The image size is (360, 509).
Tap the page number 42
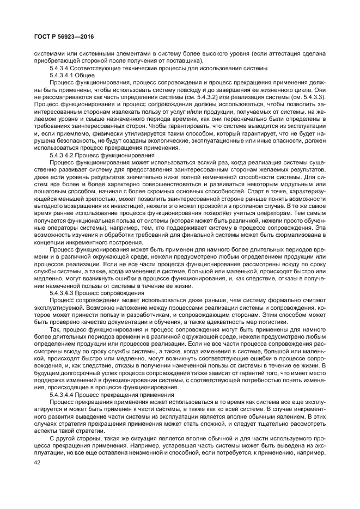pyautogui.click(x=38, y=463)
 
